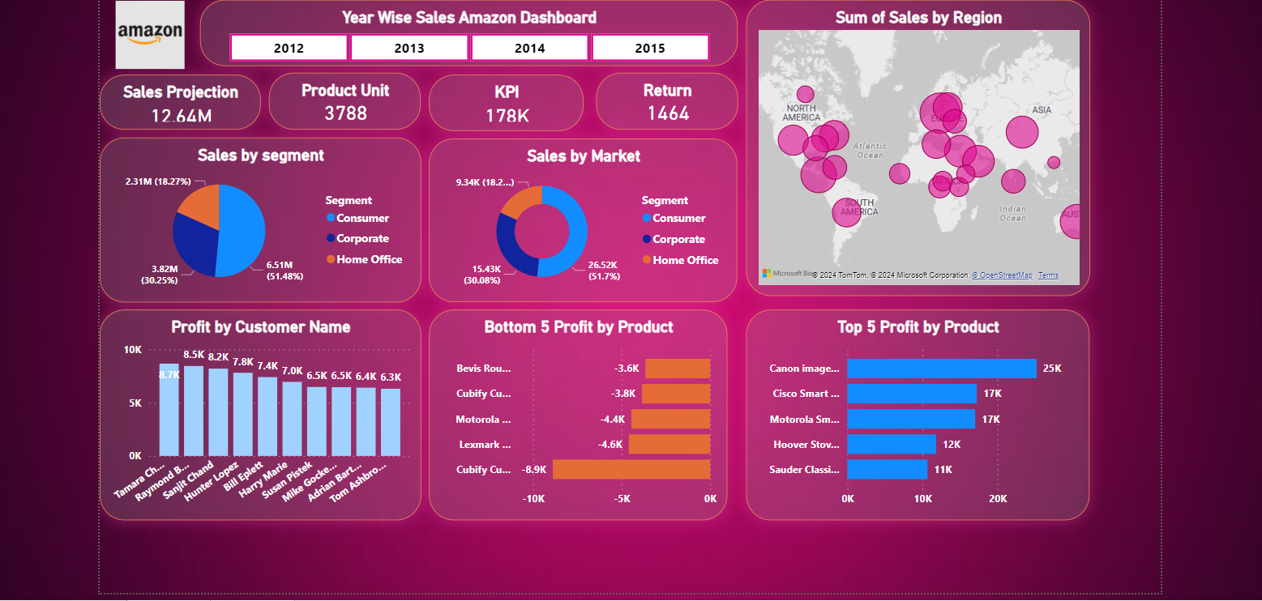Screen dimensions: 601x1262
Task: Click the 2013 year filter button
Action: pyautogui.click(x=409, y=48)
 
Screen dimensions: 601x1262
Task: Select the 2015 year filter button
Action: pyautogui.click(x=650, y=48)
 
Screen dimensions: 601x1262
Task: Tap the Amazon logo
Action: pyautogui.click(x=150, y=34)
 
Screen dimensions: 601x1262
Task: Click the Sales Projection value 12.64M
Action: pyautogui.click(x=181, y=116)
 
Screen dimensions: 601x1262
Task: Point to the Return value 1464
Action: pyautogui.click(x=668, y=113)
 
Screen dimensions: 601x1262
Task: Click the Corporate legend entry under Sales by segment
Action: pyautogui.click(x=362, y=239)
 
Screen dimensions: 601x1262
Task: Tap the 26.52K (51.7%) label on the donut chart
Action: pyautogui.click(x=602, y=271)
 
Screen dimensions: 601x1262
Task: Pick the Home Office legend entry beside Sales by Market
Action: pyautogui.click(x=685, y=260)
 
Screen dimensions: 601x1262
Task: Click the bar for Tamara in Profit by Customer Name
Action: pyautogui.click(x=169, y=410)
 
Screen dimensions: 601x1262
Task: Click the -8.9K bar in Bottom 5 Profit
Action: pyautogui.click(x=631, y=470)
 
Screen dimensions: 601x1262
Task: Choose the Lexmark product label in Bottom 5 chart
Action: pyautogui.click(x=484, y=445)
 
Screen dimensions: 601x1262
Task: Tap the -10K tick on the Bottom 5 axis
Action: pyautogui.click(x=533, y=499)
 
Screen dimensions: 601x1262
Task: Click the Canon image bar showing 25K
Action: pyautogui.click(x=941, y=369)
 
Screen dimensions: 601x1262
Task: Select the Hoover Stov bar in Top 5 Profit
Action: pyautogui.click(x=891, y=445)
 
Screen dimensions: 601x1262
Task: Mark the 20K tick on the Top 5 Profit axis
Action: pyautogui.click(x=998, y=499)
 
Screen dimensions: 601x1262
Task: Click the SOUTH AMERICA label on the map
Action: pyautogui.click(x=859, y=207)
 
